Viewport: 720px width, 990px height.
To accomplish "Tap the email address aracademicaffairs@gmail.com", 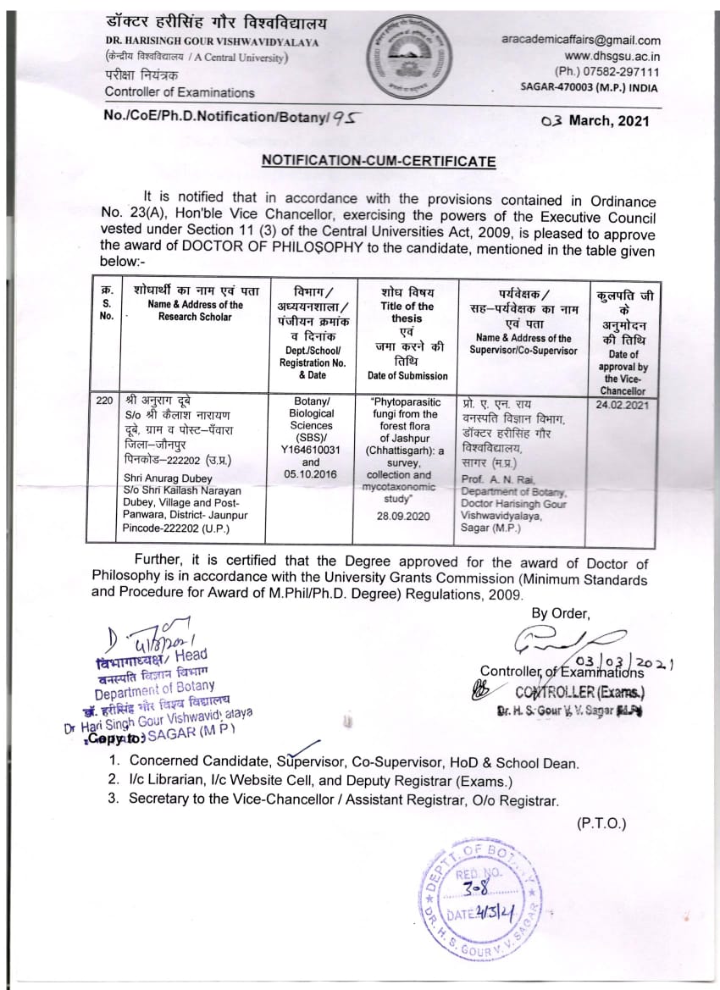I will pos(580,40).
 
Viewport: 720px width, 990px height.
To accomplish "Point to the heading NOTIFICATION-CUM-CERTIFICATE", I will pos(378,161).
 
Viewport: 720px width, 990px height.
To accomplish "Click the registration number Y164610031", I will pos(311,450).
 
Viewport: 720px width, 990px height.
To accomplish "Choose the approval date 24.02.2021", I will pos(623,406).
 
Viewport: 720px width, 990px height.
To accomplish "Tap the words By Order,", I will pos(560,613).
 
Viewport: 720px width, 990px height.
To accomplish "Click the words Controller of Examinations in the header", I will pos(180,91).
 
